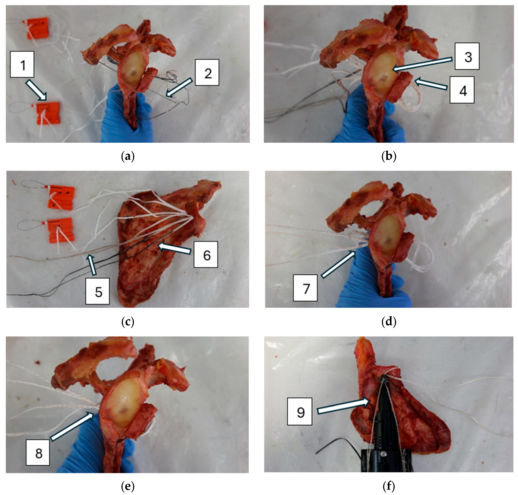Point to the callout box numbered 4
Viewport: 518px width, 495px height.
(x=462, y=90)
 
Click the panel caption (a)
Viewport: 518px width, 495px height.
(x=128, y=157)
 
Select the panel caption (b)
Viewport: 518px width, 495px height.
(x=389, y=157)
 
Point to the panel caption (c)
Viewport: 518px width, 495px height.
(x=128, y=322)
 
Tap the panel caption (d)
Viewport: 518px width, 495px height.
(x=389, y=322)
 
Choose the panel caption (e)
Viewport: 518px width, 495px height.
(x=128, y=486)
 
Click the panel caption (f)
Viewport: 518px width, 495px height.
(x=389, y=486)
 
